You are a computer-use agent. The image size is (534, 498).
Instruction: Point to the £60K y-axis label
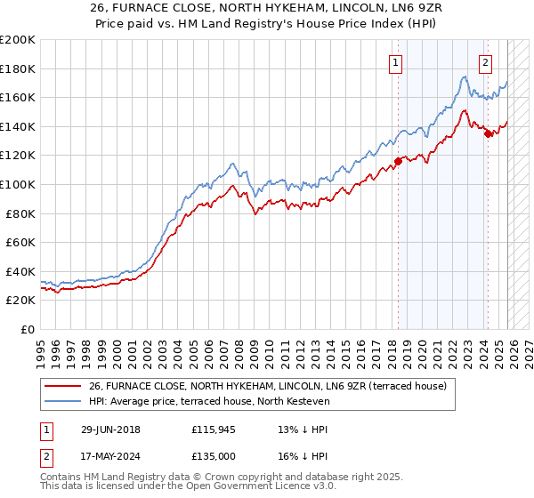coord(19,242)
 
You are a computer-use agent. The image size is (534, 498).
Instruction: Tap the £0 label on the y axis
coord(28,329)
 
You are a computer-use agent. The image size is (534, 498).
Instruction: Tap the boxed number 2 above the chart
coord(485,62)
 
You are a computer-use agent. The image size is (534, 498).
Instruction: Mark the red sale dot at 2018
coord(398,162)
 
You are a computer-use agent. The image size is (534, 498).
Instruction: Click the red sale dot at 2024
coord(489,134)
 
